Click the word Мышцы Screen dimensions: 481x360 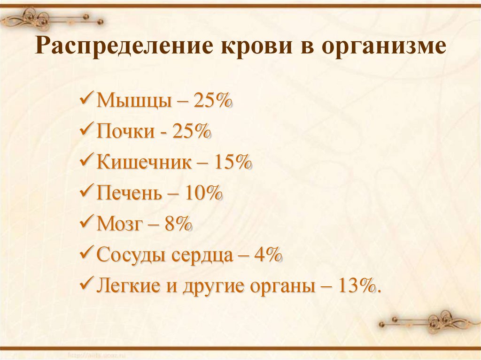point(133,101)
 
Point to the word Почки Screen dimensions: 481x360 point(125,131)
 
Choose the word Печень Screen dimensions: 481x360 point(129,193)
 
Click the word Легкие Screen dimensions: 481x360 point(129,285)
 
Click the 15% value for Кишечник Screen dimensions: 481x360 point(232,162)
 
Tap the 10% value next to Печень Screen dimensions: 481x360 point(203,193)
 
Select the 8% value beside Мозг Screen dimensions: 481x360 point(178,224)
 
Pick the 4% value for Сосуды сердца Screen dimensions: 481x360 point(267,254)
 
